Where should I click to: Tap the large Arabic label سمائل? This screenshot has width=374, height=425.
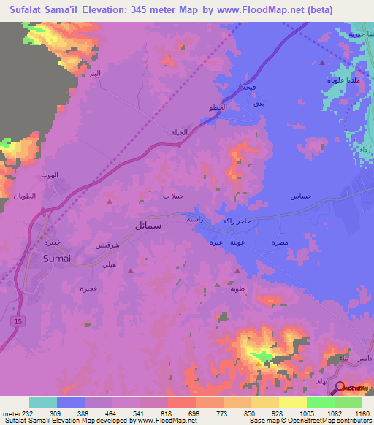[x=148, y=226]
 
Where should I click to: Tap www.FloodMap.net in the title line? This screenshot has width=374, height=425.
[x=257, y=10]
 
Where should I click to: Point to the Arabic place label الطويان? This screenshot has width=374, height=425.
[x=24, y=197]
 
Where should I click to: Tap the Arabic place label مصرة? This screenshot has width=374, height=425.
[x=278, y=242]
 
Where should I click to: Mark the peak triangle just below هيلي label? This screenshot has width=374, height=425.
[x=131, y=270]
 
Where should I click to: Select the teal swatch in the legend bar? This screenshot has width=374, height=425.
[x=43, y=402]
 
